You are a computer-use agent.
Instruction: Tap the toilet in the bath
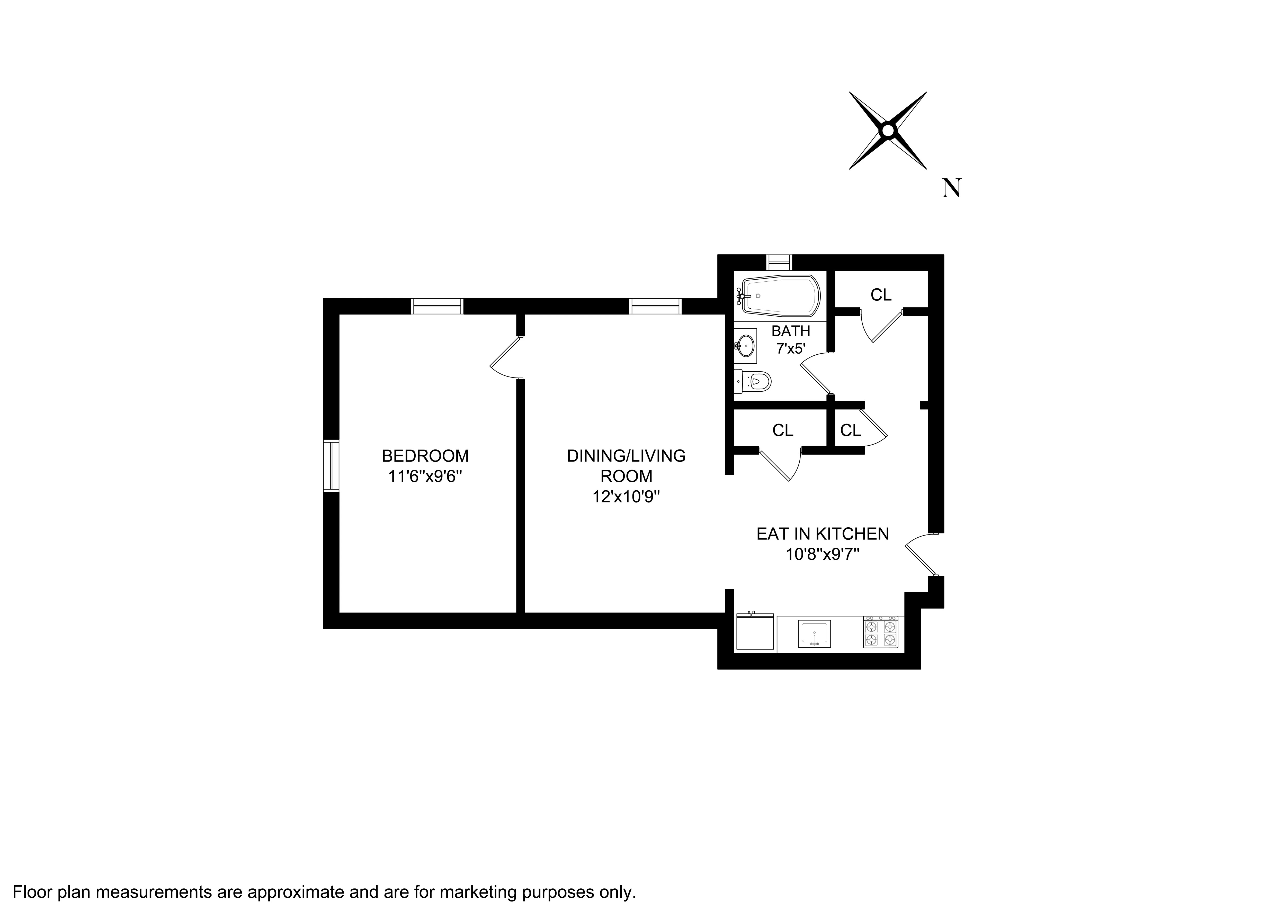coord(755,382)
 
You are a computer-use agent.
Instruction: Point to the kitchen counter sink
coord(814,634)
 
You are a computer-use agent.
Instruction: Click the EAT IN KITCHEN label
coord(822,533)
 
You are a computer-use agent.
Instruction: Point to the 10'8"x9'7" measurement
coord(822,554)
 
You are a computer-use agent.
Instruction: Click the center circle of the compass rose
coord(887,131)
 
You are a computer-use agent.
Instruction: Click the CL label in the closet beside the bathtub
coord(881,295)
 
